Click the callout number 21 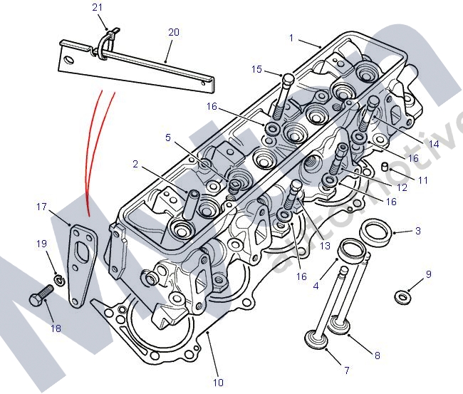click(98, 7)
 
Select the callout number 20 click(174, 33)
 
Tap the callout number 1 click(291, 37)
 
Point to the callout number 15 click(256, 69)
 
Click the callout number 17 click(41, 207)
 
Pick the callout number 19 click(41, 244)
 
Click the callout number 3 click(418, 231)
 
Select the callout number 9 click(429, 274)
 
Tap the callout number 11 click(423, 180)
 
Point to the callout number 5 click(168, 137)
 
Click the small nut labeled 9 click(403, 296)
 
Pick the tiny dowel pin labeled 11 click(385, 167)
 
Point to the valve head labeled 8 click(340, 328)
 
